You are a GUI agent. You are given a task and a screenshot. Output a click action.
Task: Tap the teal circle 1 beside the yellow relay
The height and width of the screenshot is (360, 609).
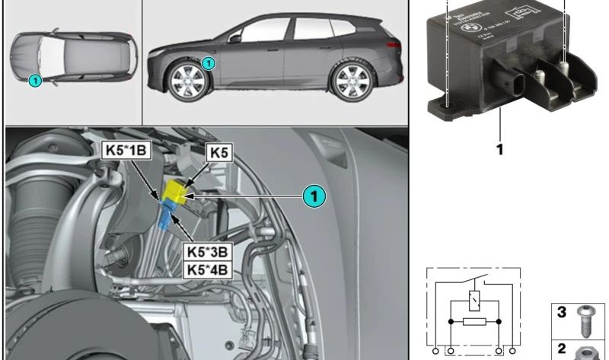(313, 196)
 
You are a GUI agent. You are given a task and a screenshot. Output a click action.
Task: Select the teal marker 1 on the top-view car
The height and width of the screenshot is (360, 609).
(34, 79)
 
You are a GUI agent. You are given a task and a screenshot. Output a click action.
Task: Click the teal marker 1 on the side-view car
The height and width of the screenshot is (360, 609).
(209, 64)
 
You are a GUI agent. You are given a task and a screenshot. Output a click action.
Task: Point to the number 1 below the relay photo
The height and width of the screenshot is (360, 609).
(500, 150)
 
